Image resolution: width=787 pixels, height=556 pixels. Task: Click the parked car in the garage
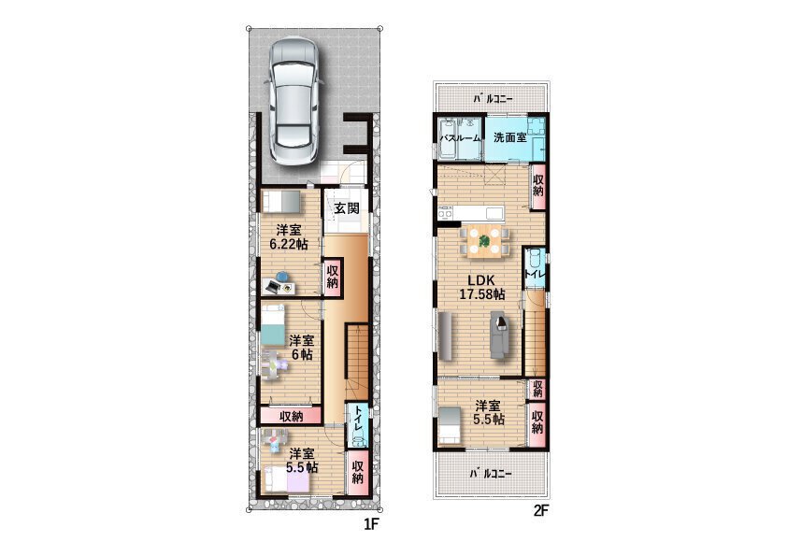tap(294, 99)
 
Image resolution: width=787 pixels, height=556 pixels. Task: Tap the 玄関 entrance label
tap(347, 207)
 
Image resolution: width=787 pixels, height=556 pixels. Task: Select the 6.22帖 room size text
tap(289, 245)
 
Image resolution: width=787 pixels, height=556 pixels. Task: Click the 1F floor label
tap(370, 524)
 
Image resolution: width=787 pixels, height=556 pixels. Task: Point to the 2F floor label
tap(540, 511)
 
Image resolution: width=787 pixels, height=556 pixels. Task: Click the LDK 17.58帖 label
tap(482, 288)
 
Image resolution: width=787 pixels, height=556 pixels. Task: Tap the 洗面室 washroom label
tap(510, 137)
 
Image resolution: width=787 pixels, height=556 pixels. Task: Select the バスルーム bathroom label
tap(460, 137)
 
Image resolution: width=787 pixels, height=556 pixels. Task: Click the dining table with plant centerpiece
tap(484, 242)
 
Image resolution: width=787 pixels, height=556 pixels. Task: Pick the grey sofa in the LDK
tap(499, 335)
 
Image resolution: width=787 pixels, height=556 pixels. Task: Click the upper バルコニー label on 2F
tap(493, 99)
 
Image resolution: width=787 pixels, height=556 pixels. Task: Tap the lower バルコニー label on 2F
tap(491, 473)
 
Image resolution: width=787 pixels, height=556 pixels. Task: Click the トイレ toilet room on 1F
tap(357, 425)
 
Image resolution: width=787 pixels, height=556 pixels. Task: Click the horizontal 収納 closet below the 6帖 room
tap(291, 416)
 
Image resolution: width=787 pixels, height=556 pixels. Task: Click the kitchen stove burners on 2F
tap(445, 213)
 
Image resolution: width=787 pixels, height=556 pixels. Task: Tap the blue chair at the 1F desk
tap(282, 276)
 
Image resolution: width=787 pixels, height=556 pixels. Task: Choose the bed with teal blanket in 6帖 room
tap(272, 326)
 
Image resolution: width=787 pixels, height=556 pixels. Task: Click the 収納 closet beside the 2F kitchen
tap(538, 186)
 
